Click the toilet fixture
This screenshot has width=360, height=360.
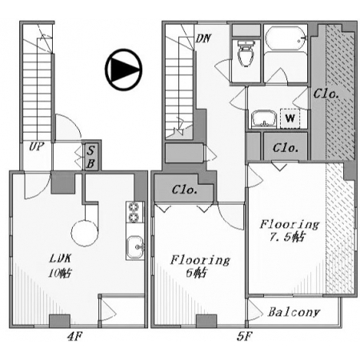246,54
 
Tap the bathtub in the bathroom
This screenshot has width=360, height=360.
286,38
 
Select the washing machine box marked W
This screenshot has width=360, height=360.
290,118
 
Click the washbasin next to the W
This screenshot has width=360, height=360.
264,119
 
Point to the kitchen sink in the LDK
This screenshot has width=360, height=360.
135,247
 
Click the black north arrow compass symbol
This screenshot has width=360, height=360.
123,70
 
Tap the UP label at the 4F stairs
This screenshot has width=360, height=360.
37,146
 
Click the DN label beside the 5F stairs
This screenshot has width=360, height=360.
203,38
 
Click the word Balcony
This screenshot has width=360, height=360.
294,312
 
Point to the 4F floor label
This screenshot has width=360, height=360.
74,337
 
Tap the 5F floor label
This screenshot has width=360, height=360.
244,337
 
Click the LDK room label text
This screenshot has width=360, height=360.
60,258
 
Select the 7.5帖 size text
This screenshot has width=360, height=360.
286,237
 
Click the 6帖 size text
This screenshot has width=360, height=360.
196,273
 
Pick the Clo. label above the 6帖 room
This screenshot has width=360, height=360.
185,190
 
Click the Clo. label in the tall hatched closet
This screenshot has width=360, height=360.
326,94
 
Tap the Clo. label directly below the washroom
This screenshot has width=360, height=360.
286,148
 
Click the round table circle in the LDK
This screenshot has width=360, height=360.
85,233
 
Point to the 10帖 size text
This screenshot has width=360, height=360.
60,273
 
